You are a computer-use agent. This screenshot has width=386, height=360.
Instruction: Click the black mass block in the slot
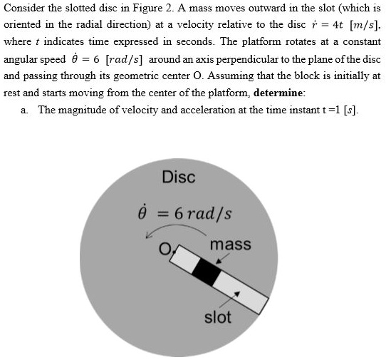[x=207, y=274]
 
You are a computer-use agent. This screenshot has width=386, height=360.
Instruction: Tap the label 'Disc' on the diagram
[x=179, y=177]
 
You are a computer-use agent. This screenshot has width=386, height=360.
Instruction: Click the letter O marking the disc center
[x=166, y=250]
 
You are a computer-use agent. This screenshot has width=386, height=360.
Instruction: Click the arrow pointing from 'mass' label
[x=219, y=261]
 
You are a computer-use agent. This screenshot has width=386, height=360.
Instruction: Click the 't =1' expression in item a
[x=322, y=110]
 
